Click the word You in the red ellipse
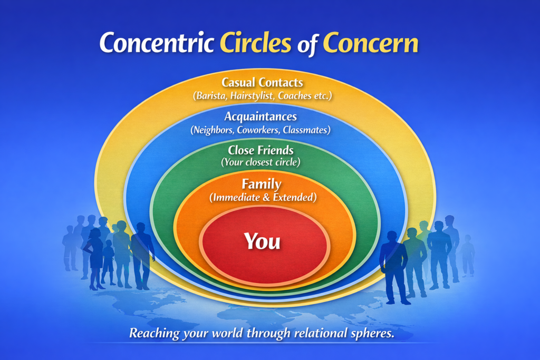262,241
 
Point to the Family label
261,184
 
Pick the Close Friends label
261,150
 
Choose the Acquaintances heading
261,116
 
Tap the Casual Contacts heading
262,83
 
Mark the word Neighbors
213,130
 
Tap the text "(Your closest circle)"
261,162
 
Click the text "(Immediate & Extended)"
263,198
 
